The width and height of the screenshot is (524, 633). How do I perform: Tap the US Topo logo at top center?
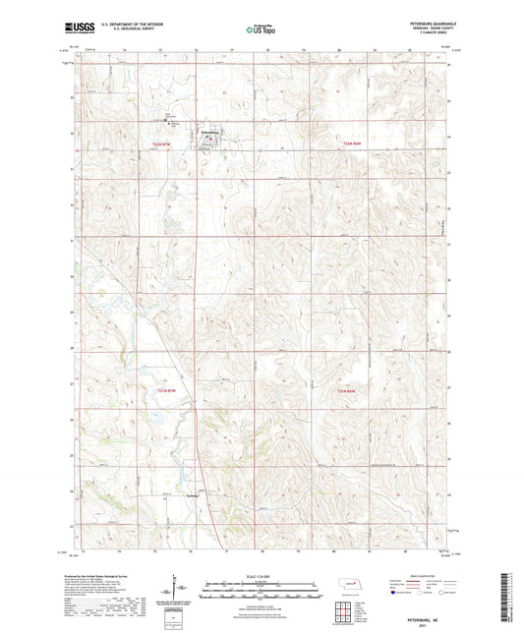[x=261, y=30]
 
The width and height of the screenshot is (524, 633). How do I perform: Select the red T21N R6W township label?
[x=336, y=393]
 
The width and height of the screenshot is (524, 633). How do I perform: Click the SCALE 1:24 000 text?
[x=262, y=575]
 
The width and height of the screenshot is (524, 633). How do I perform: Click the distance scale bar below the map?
[x=262, y=592]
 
